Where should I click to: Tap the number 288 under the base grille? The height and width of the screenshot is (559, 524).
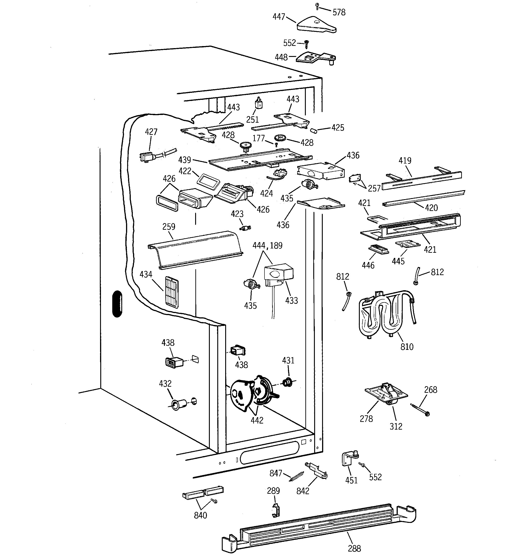pos(354,548)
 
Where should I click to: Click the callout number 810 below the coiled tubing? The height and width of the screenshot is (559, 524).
pos(407,347)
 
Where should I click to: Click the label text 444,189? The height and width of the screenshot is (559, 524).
pos(267,246)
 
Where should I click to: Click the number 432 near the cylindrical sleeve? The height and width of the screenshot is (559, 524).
pos(165,384)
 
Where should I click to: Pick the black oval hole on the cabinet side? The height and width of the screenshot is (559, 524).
pos(117,304)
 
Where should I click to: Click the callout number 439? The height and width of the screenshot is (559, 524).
pos(185,160)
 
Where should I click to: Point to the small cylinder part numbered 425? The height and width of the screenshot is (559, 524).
pos(314,131)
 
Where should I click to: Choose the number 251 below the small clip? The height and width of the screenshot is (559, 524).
pos(252,120)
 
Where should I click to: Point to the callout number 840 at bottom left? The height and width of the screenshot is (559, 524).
pos(200,515)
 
